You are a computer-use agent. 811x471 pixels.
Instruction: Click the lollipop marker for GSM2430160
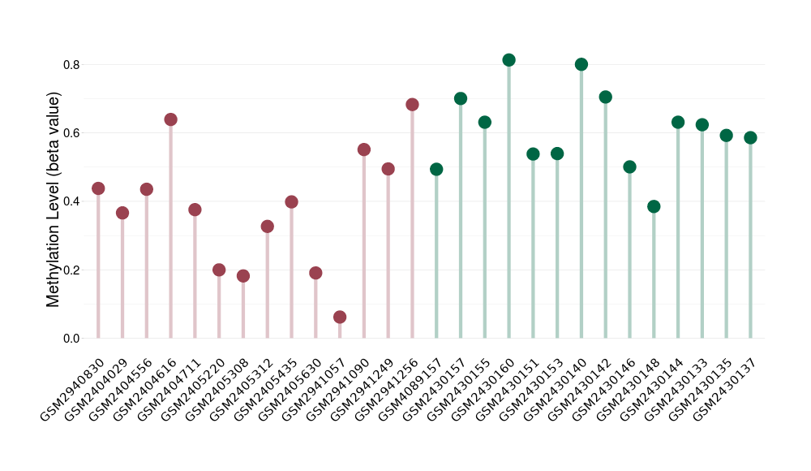tap(508, 60)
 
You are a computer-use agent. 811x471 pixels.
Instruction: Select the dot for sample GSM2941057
tap(340, 317)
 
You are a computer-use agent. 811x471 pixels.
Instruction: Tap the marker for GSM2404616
tap(170, 119)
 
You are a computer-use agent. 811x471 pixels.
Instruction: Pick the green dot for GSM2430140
tap(581, 65)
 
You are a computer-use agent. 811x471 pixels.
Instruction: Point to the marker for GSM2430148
tap(654, 206)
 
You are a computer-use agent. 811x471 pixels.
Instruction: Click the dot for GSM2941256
tap(412, 105)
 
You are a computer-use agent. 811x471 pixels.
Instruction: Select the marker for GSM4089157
tap(436, 169)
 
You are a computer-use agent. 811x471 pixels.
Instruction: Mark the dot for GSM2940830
tap(98, 188)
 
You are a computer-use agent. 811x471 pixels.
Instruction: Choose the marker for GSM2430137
tap(750, 137)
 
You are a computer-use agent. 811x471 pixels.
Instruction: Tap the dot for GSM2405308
tap(243, 276)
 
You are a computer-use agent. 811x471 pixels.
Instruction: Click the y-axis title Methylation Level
tap(54, 200)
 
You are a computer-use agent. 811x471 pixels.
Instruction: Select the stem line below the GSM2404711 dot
tap(195, 276)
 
